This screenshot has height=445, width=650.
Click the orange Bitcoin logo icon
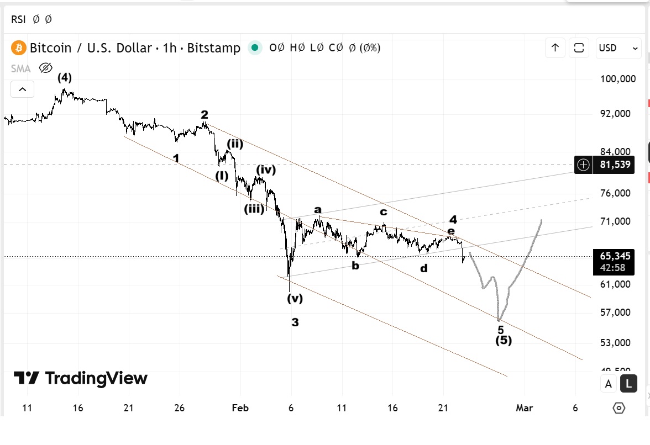[19, 48]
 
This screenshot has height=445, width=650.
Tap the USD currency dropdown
[618, 48]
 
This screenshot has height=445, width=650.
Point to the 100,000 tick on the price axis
[618, 79]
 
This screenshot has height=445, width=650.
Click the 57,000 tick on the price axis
[615, 312]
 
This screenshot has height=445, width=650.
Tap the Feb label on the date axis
[240, 408]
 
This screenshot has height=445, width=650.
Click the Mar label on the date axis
[524, 408]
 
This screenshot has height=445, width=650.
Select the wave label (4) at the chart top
[65, 78]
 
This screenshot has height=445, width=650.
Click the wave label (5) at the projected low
[503, 340]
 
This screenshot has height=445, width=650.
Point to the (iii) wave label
[254, 209]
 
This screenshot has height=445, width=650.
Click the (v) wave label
[295, 299]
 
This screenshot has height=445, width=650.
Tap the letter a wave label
[318, 209]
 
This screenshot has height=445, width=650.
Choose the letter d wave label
[423, 268]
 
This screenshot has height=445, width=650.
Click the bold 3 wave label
[295, 322]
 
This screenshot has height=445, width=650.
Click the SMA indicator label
[21, 68]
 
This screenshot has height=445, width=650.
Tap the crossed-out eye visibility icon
[45, 68]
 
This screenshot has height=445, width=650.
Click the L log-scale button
[628, 383]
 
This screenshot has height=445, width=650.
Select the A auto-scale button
[609, 383]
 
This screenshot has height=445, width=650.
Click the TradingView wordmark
[81, 378]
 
